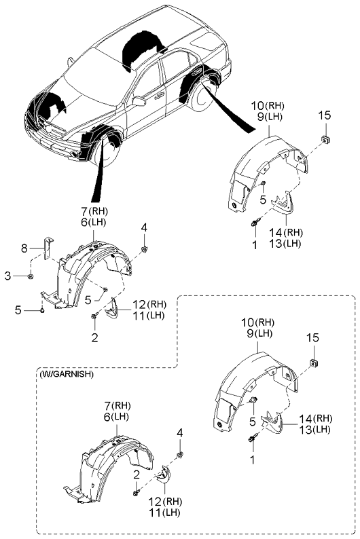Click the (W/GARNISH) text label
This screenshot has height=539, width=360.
point(66,373)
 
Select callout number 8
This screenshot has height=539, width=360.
point(24,249)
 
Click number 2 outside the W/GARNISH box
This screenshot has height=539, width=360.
point(94,337)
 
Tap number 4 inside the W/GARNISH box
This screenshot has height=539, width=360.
point(179,432)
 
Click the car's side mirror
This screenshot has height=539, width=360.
point(139,102)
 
